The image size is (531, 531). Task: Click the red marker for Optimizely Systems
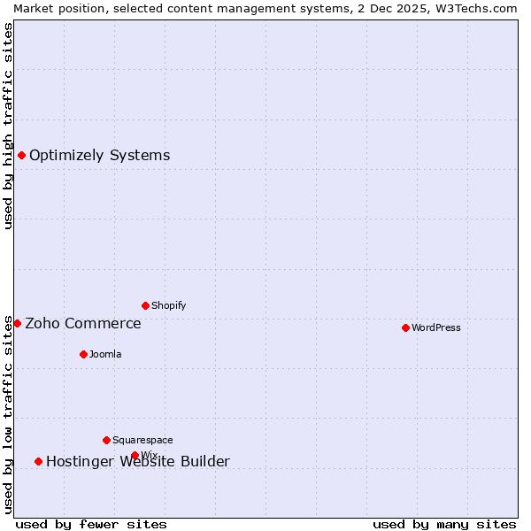coord(21,156)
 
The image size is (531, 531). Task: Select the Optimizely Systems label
coord(99,156)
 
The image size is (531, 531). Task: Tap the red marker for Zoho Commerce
coord(17,324)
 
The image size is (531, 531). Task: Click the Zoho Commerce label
coord(83,324)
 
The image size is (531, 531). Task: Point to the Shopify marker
coord(145,306)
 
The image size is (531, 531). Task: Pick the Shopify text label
coord(168,306)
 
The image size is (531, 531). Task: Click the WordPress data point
coord(405,328)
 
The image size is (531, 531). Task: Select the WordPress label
coord(435,328)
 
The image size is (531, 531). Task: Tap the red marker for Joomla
coord(83,355)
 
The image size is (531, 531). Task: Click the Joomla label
coord(105,355)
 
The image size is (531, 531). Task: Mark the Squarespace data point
coord(106,441)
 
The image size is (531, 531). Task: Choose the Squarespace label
coord(142,441)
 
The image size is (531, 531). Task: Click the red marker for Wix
coord(135,456)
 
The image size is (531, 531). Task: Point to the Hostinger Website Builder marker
coord(38,462)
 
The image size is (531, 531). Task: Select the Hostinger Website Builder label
coord(138,462)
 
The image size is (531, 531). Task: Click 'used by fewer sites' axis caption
coord(91,525)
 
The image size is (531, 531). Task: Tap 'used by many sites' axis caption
coord(444,525)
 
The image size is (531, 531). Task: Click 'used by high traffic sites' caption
coord(9,126)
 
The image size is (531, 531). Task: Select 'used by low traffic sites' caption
coord(9,414)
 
